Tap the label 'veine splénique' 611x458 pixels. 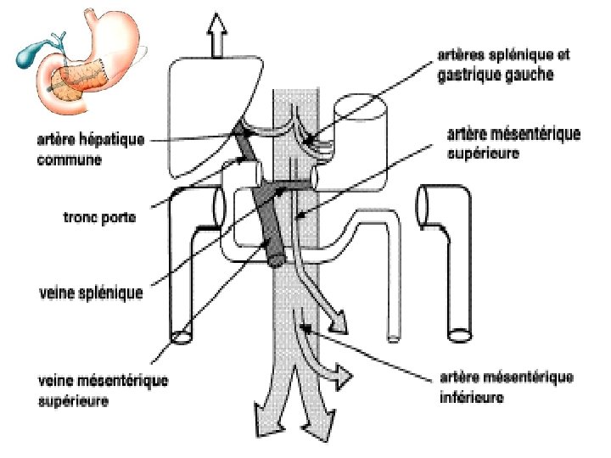(91, 293)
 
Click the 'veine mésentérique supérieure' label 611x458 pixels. (103, 391)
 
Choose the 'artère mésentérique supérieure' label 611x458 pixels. (513, 143)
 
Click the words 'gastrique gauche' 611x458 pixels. (495, 75)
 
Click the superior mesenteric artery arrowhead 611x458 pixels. (336, 322)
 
